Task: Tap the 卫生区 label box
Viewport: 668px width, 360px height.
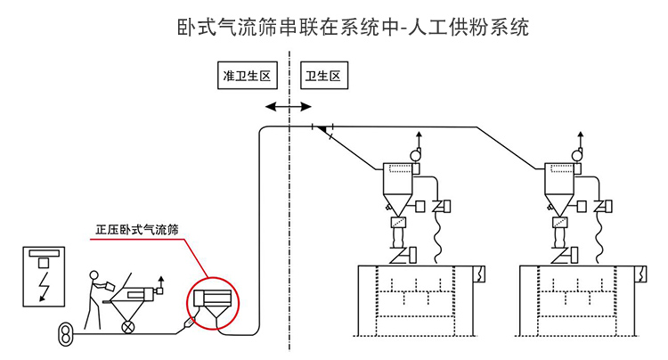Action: point(323,77)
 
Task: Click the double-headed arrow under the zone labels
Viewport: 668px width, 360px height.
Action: point(289,106)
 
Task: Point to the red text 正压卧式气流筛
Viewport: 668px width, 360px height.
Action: point(137,229)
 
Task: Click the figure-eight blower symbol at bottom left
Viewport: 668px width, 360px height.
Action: point(63,335)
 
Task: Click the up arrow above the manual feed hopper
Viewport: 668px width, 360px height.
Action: point(161,282)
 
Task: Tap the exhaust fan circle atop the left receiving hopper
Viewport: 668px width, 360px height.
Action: point(415,155)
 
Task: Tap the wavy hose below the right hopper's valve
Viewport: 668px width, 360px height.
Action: point(599,237)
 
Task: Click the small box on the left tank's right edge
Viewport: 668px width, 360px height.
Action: point(481,274)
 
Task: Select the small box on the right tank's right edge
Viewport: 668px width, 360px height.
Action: point(643,274)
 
